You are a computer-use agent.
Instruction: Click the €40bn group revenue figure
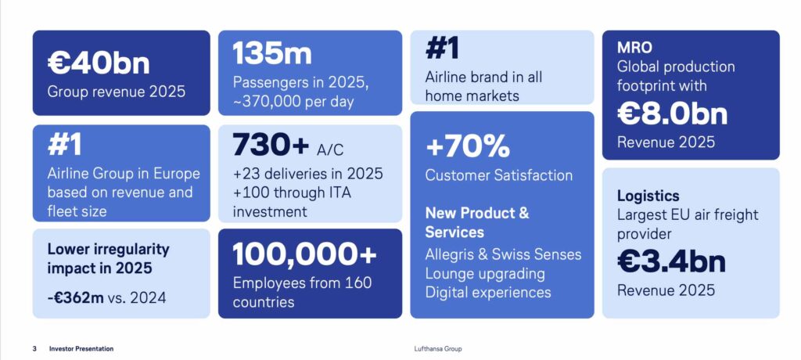[x=99, y=63]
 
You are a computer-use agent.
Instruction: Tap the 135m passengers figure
[x=271, y=53]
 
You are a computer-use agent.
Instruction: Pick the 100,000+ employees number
[x=304, y=254]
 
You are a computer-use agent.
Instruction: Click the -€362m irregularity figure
[x=76, y=297]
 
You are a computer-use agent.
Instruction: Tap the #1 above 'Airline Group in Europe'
[x=64, y=145]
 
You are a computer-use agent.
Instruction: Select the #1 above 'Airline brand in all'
[x=442, y=48]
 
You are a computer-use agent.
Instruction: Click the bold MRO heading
[x=634, y=48]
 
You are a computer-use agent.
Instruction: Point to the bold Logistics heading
[x=648, y=196]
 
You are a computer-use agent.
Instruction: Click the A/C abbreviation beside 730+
[x=330, y=149]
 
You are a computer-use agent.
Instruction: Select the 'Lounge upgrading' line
[x=485, y=274]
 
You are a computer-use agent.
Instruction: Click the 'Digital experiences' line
[x=488, y=293]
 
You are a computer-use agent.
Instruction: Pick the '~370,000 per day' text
[x=293, y=101]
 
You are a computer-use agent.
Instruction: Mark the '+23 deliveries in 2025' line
[x=307, y=174]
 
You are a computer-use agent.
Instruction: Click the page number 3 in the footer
[x=34, y=349]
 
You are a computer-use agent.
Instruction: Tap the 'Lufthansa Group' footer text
[x=438, y=349]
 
